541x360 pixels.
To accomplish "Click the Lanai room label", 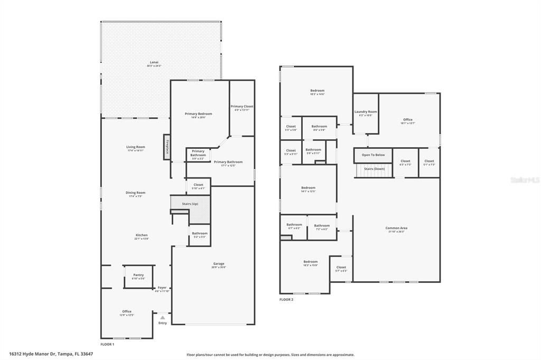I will tap(154, 63).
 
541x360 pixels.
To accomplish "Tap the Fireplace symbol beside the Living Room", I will tap(166, 144).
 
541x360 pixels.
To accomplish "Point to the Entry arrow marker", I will tap(163, 318).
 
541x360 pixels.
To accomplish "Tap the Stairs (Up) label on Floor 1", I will tap(190, 203).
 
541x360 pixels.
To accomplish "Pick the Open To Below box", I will tap(373, 155).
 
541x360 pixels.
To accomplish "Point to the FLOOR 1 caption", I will tap(107, 344).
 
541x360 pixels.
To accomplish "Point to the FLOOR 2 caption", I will tap(286, 299).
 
